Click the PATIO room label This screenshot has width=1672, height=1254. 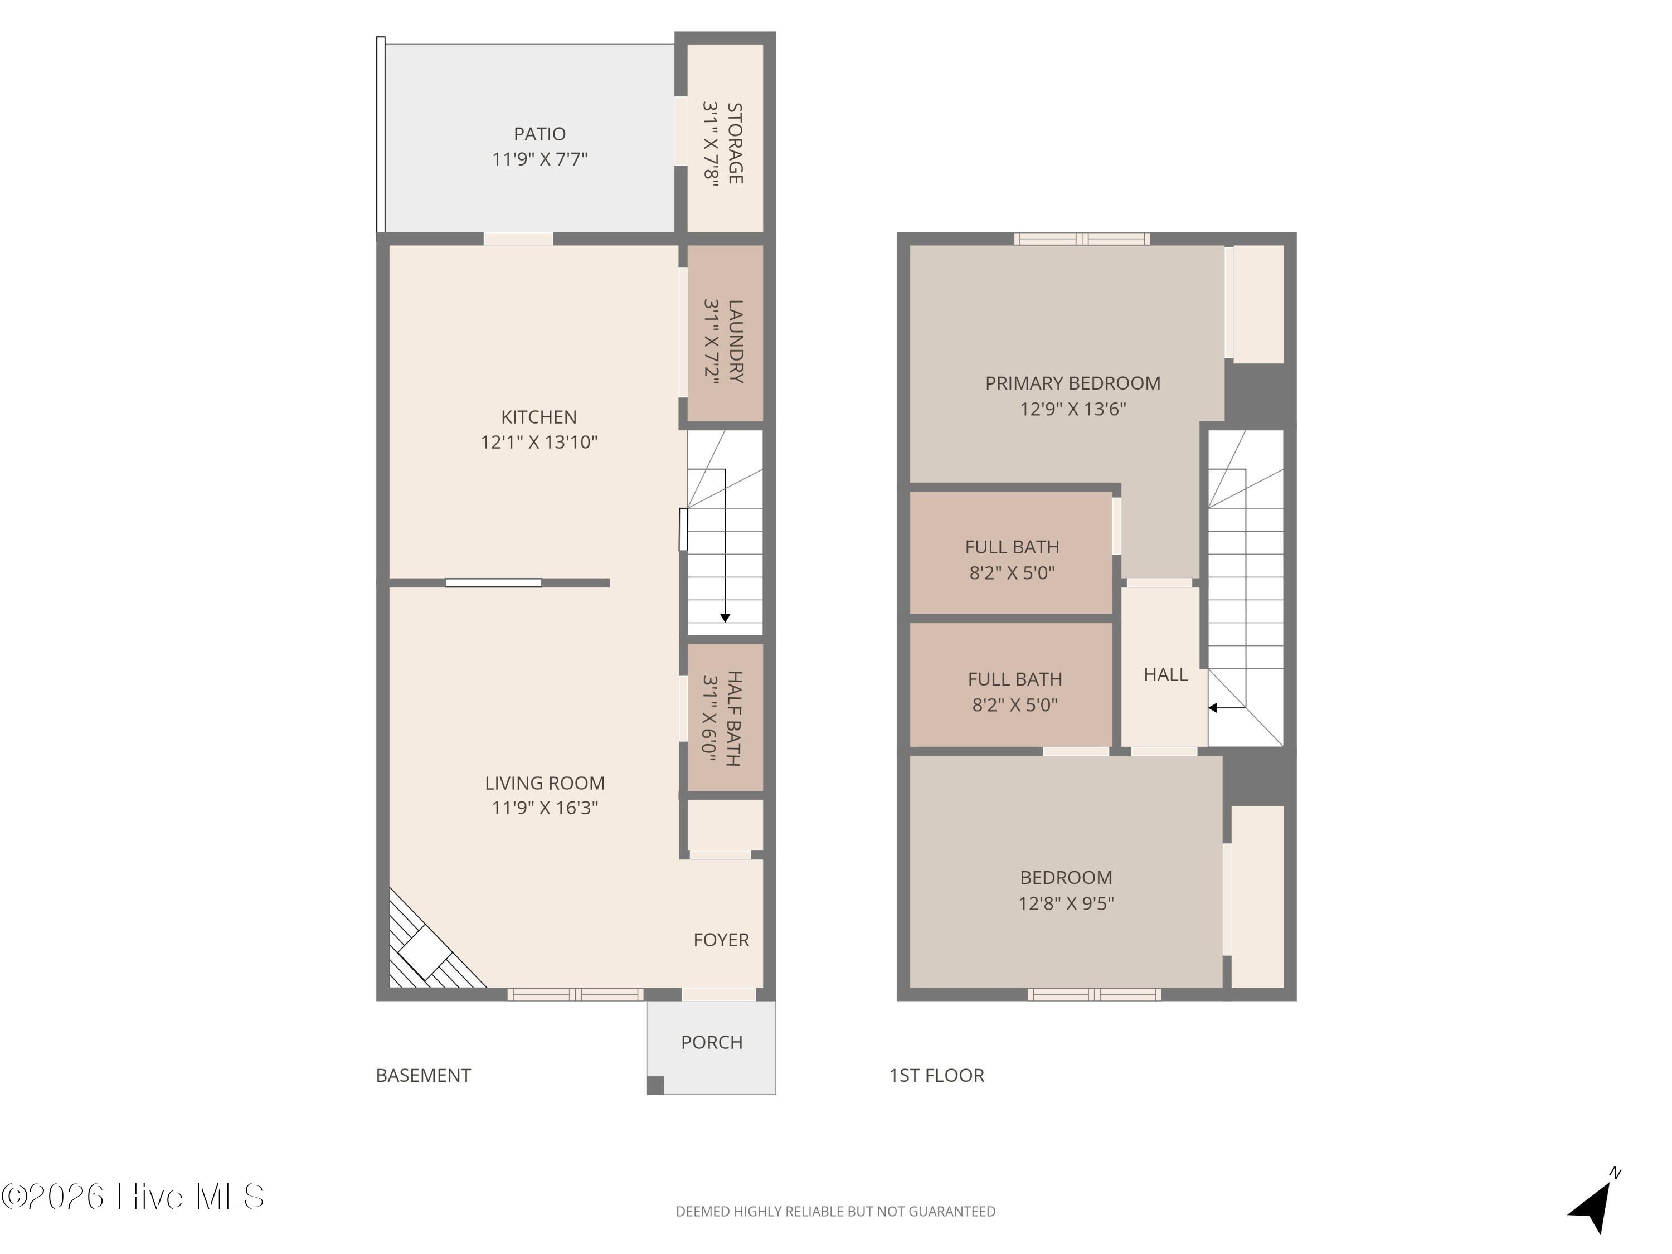(x=539, y=134)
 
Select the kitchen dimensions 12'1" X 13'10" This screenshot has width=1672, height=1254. (x=539, y=441)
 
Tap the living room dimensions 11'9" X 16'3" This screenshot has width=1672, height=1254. (x=545, y=807)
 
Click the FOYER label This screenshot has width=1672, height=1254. (x=721, y=940)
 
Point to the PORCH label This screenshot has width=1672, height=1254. (x=712, y=1042)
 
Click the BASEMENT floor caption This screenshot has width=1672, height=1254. (x=423, y=1076)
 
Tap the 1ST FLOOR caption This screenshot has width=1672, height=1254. (x=936, y=1076)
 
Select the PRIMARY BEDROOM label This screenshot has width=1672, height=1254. (x=1073, y=383)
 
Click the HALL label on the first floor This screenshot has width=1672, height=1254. (x=1165, y=675)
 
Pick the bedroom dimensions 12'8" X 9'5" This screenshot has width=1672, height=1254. (x=1066, y=903)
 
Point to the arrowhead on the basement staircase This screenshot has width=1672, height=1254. (x=725, y=618)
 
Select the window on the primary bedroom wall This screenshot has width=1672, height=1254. (x=1082, y=239)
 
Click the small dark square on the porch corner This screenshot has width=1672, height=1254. (x=655, y=1086)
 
